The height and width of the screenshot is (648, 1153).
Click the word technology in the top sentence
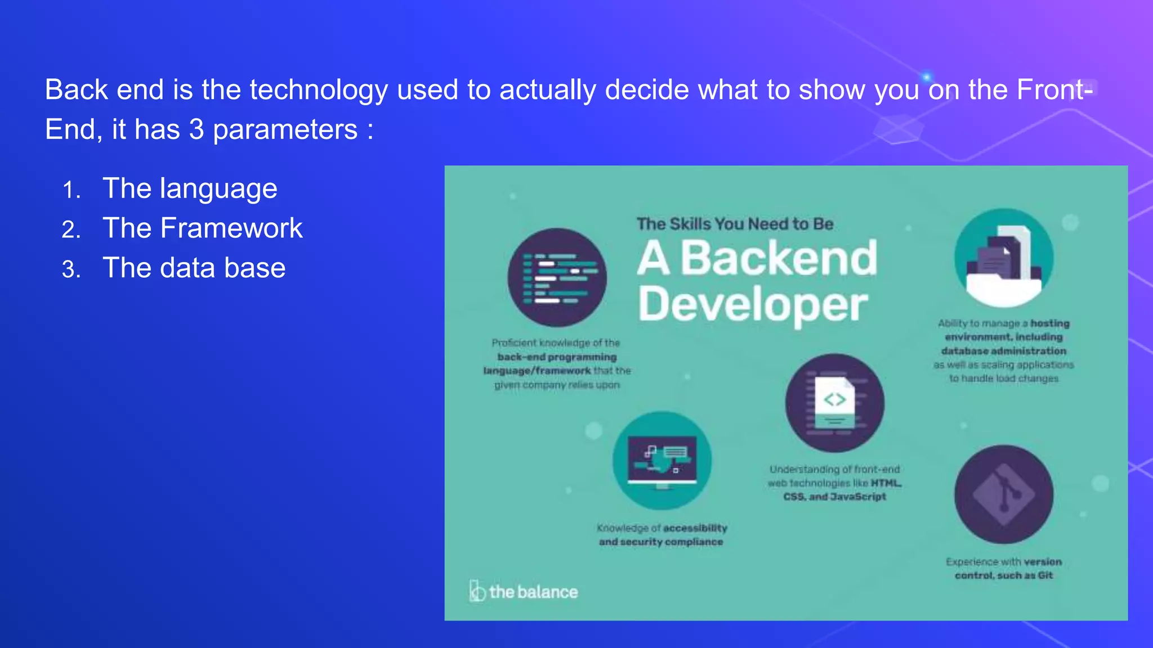coord(318,90)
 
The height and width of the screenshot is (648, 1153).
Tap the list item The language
coord(190,188)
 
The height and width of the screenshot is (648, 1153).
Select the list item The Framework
coord(203,228)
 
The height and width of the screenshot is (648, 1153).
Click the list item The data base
coord(194,268)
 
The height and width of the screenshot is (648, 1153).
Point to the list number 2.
coord(71,230)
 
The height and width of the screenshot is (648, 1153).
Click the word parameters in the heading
coord(285,130)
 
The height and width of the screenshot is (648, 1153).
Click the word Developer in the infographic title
coord(752,304)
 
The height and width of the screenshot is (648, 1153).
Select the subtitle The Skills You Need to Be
coord(735,224)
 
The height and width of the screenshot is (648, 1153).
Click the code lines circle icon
coord(557,277)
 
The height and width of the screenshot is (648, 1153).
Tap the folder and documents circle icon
coord(1004,258)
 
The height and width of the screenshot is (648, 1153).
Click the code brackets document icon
coord(834,403)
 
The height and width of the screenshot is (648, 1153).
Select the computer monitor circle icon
coord(662,460)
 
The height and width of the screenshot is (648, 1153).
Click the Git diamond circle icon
coord(1004,494)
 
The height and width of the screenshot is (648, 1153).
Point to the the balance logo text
coord(533,592)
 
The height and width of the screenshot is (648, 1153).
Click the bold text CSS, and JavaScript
coord(834,497)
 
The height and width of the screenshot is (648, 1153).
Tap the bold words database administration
coord(1004,351)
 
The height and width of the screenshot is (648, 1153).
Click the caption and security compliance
coord(661,542)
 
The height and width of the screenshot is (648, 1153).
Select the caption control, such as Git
coord(1004,575)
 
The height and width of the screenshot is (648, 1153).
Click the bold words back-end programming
coord(557,357)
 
